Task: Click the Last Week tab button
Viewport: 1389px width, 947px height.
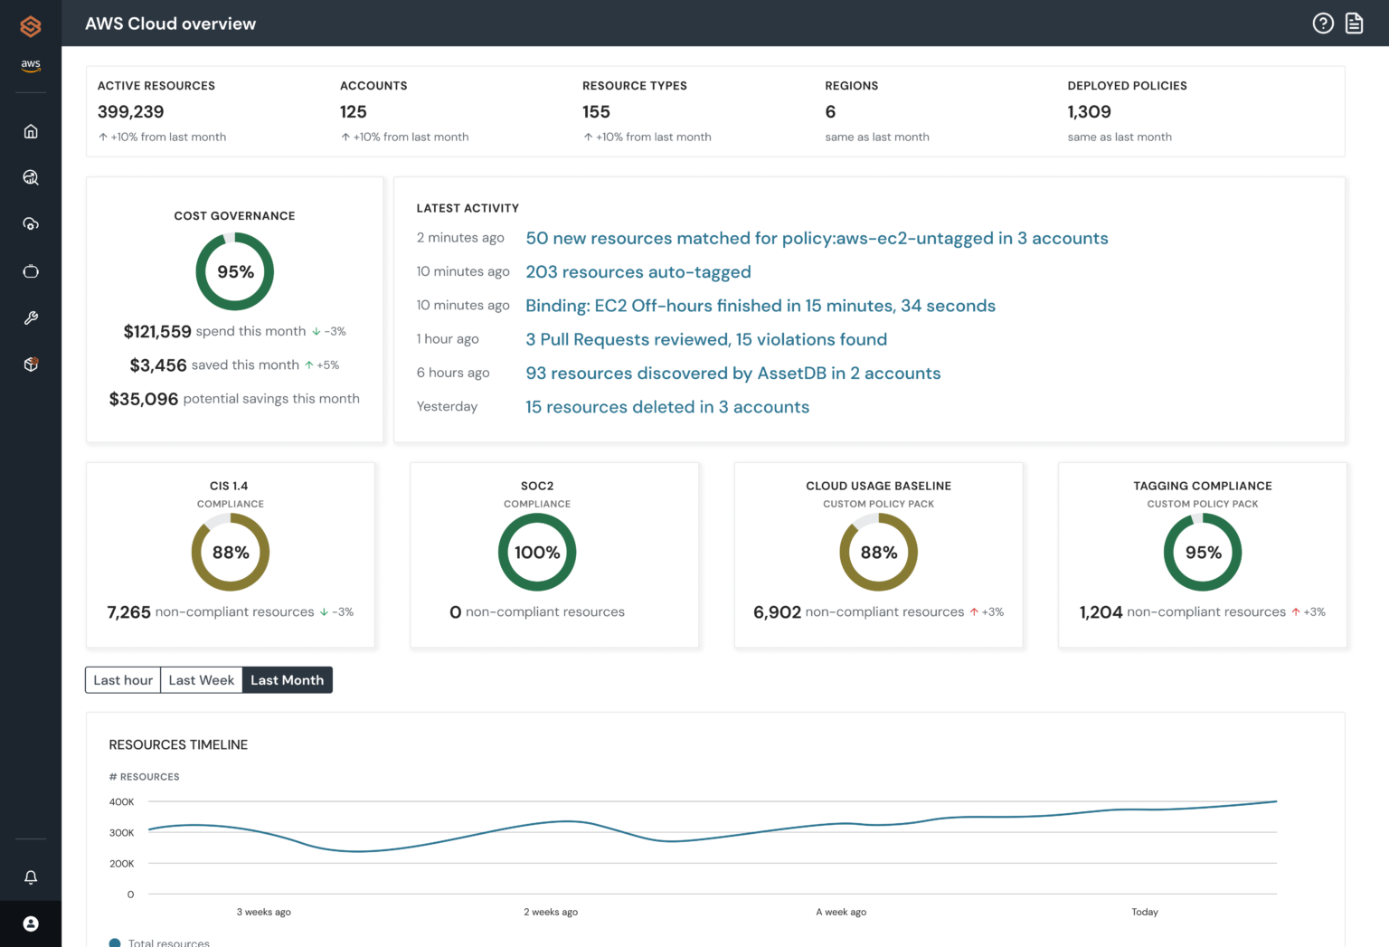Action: [201, 680]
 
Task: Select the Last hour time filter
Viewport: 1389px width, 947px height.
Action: [123, 680]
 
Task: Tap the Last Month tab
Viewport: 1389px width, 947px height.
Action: [287, 680]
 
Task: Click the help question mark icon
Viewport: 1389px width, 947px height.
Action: [1323, 24]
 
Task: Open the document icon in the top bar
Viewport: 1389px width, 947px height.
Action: [1354, 24]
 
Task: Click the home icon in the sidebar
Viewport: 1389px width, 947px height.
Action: [31, 131]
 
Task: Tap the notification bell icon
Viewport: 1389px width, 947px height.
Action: [31, 877]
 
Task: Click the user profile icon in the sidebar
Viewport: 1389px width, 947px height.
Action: [31, 923]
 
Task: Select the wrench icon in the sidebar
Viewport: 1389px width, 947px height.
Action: [31, 318]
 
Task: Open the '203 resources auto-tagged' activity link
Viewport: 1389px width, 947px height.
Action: [638, 272]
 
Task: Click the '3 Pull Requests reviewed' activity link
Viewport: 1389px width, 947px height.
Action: [705, 339]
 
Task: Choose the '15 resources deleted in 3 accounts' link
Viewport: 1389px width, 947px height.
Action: [666, 407]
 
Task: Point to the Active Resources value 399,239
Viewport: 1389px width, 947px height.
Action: [131, 112]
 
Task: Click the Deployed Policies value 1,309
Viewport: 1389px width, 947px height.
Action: [1089, 112]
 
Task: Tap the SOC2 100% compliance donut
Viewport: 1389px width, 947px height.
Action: [537, 552]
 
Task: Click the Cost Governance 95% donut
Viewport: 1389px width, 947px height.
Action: [235, 271]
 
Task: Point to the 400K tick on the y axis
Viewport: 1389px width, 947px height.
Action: [121, 802]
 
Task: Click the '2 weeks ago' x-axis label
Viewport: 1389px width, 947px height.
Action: [551, 912]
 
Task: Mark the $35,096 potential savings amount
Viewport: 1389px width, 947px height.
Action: [144, 399]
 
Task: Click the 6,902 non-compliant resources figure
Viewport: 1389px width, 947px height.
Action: [777, 612]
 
